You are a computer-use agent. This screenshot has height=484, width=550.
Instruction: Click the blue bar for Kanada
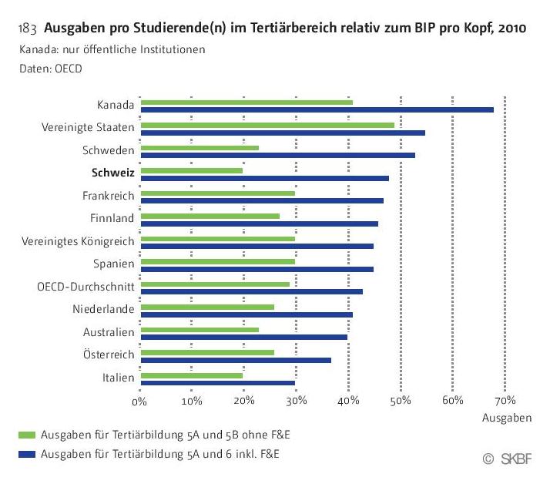coord(317,109)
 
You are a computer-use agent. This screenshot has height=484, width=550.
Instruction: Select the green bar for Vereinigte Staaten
coord(267,125)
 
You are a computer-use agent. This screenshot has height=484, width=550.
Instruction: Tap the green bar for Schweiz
coord(192,170)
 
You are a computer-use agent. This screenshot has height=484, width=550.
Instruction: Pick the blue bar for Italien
coord(217,383)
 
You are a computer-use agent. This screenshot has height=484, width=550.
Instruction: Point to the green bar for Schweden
coord(200,147)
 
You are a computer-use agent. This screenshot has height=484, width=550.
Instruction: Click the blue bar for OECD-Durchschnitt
coord(251,291)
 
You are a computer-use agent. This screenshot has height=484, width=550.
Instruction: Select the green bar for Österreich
coord(207,353)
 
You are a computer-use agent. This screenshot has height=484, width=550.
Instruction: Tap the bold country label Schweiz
coord(113,173)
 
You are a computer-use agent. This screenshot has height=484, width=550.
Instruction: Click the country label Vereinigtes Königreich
coord(79,241)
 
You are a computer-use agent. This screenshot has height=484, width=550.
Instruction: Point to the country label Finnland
coord(112,218)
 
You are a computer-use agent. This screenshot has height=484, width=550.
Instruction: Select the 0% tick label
coord(139,401)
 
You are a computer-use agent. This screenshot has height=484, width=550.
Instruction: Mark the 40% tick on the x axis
coord(349,401)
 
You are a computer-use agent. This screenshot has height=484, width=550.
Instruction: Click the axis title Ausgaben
coord(506,418)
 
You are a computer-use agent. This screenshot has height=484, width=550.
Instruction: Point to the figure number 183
coord(27,30)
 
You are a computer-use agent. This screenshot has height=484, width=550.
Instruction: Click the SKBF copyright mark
coord(508,459)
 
